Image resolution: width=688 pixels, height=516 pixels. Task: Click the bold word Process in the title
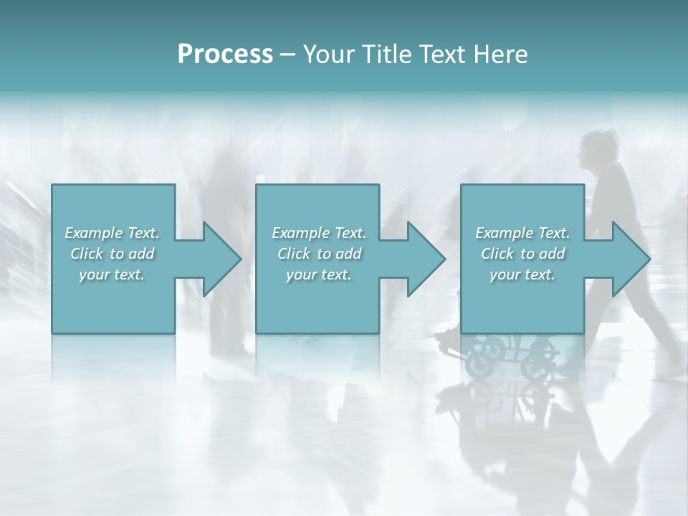pos(225,54)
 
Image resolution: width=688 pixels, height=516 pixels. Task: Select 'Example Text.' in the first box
pos(112,233)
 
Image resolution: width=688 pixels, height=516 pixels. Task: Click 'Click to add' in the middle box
pos(319,254)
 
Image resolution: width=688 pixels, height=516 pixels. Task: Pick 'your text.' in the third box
pos(522,274)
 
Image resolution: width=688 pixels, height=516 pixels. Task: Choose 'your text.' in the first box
pos(112,274)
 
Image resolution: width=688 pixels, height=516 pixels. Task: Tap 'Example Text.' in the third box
pos(522,233)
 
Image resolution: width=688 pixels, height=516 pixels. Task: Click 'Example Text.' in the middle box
pos(319,233)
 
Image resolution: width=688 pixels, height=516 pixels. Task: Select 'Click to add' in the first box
pos(112,254)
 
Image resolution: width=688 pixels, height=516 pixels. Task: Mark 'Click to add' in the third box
pos(522,254)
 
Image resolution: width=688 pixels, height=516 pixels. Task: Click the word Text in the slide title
pos(440,54)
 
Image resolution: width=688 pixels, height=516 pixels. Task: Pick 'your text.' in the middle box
pos(319,274)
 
